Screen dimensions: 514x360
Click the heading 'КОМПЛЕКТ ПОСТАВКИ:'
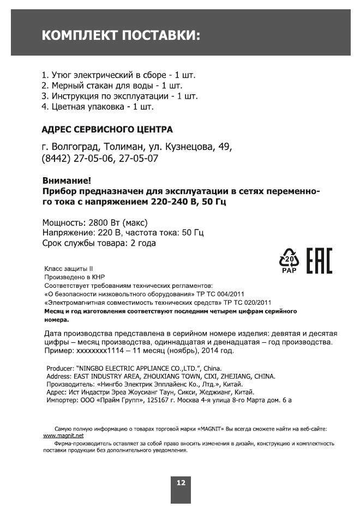(x=121, y=36)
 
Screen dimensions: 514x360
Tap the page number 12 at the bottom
(x=181, y=483)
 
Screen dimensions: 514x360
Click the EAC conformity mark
(x=319, y=261)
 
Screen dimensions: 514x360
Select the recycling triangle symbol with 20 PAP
(x=289, y=260)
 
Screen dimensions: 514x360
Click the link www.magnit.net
(x=63, y=436)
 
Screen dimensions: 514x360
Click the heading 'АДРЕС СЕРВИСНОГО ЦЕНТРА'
(x=107, y=130)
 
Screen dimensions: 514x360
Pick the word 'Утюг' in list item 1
(x=62, y=74)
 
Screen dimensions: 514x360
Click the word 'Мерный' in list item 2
(x=67, y=85)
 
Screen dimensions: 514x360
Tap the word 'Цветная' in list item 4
(x=69, y=107)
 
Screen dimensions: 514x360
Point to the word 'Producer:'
(x=61, y=368)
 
